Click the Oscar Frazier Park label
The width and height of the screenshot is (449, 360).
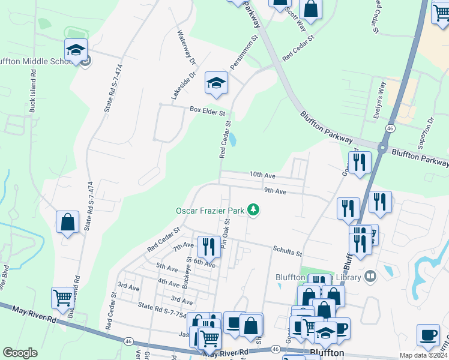click(x=210, y=211)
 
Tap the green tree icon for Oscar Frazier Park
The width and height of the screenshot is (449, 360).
click(x=254, y=209)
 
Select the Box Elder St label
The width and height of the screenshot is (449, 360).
click(x=207, y=111)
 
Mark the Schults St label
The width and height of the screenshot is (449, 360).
click(x=286, y=253)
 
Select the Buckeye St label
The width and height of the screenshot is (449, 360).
click(x=186, y=273)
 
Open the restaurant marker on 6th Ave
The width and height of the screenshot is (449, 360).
click(x=209, y=246)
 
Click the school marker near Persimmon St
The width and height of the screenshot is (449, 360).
click(x=216, y=83)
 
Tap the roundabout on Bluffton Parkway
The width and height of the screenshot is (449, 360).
click(x=382, y=147)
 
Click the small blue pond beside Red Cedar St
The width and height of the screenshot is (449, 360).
click(x=232, y=139)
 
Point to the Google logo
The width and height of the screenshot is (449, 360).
click(x=20, y=353)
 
